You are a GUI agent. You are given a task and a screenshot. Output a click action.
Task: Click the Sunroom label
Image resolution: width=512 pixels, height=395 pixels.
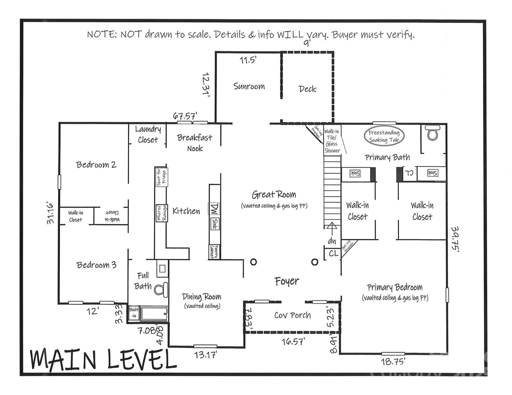tap(249, 86)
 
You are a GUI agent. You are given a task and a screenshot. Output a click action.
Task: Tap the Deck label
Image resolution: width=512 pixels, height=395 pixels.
tap(307, 89)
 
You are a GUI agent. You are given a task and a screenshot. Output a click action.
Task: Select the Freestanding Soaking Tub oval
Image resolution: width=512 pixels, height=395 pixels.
tap(384, 136)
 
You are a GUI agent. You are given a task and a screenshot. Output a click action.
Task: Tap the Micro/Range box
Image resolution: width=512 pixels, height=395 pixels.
tap(162, 213)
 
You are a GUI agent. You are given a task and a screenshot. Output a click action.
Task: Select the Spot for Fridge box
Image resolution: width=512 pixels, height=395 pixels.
tap(162, 177)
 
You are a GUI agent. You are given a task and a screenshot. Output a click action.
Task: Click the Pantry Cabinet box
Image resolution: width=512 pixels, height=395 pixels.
tap(214, 252)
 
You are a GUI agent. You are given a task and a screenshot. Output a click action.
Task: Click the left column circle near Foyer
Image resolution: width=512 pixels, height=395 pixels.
tap(254, 262)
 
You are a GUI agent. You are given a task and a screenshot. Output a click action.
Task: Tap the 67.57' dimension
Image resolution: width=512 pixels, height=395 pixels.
tap(185, 116)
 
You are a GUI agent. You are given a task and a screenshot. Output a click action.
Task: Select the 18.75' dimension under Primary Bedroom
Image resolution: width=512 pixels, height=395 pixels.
tap(393, 361)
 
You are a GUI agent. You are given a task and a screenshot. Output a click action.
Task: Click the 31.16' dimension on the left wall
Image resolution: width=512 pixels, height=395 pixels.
tap(51, 213)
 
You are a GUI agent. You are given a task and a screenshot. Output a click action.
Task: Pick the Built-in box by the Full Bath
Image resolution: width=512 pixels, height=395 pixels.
tap(133, 313)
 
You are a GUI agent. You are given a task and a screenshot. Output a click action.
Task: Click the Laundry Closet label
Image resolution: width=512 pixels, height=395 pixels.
tap(148, 135)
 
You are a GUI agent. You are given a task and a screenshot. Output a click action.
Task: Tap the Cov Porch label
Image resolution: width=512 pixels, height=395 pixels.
tap(292, 315)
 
